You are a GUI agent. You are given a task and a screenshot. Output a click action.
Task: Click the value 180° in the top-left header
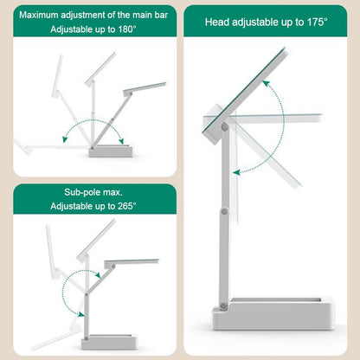[x=127, y=29]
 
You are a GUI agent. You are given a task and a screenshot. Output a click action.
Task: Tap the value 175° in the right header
[x=317, y=22]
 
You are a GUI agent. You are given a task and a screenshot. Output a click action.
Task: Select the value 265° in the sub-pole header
[x=127, y=206]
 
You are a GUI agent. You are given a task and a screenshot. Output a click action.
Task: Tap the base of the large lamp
[x=273, y=314]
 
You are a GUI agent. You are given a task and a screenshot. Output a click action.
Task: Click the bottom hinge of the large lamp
[x=223, y=305]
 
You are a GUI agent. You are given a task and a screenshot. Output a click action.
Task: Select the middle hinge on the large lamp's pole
[x=224, y=212]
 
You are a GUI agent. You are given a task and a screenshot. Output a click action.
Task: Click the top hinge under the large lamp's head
[x=224, y=126]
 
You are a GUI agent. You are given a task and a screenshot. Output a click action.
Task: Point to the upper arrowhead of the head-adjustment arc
[x=266, y=84]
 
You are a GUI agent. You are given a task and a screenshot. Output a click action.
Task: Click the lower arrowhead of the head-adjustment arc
[x=236, y=172]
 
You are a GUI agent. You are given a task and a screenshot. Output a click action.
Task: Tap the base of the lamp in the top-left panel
[x=111, y=151]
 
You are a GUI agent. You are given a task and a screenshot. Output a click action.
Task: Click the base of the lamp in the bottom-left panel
[x=109, y=342]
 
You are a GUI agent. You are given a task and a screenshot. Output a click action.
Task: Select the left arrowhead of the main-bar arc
[x=65, y=139]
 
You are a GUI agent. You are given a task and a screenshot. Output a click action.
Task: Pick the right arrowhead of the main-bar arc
[x=121, y=141]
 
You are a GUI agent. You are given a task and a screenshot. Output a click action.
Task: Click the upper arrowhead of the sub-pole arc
[x=98, y=275]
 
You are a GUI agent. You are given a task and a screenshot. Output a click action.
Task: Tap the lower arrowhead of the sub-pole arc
[x=81, y=314]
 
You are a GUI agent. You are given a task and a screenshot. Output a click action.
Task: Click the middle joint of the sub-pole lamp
[x=86, y=294]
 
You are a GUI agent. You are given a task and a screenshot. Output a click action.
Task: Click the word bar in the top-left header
[x=161, y=15]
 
